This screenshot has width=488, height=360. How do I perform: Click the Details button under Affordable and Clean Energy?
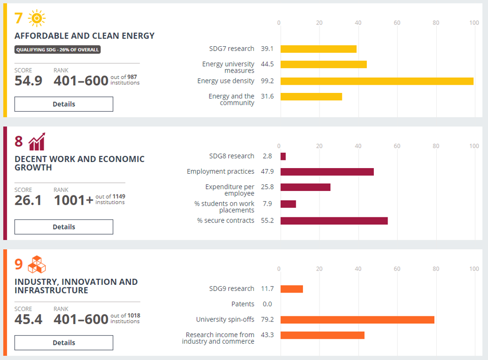click(x=63, y=104)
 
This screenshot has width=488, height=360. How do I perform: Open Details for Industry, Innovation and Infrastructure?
click(x=63, y=343)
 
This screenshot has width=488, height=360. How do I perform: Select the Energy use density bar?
click(x=376, y=81)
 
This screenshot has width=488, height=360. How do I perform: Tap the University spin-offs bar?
click(x=357, y=320)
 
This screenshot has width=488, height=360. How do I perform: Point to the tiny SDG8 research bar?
click(x=283, y=156)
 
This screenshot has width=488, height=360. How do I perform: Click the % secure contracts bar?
click(x=334, y=221)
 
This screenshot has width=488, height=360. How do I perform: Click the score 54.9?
click(x=28, y=81)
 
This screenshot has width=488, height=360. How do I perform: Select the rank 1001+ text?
click(x=74, y=201)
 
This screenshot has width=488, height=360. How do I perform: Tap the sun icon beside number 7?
click(x=37, y=18)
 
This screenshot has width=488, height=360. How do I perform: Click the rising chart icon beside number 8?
click(x=37, y=142)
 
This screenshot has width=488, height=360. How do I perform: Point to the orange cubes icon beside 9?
click(x=37, y=265)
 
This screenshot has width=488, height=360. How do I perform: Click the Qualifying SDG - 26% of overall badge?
click(x=57, y=50)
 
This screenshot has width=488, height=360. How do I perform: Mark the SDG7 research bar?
click(x=318, y=49)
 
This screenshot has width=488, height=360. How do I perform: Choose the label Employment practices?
click(x=220, y=172)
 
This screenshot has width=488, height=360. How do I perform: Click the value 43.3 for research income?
click(x=267, y=335)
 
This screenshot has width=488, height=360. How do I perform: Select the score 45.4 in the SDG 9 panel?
click(x=28, y=319)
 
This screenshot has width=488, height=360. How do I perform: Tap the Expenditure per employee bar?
click(x=305, y=187)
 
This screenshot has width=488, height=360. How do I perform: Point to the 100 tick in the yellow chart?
click(x=474, y=23)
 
